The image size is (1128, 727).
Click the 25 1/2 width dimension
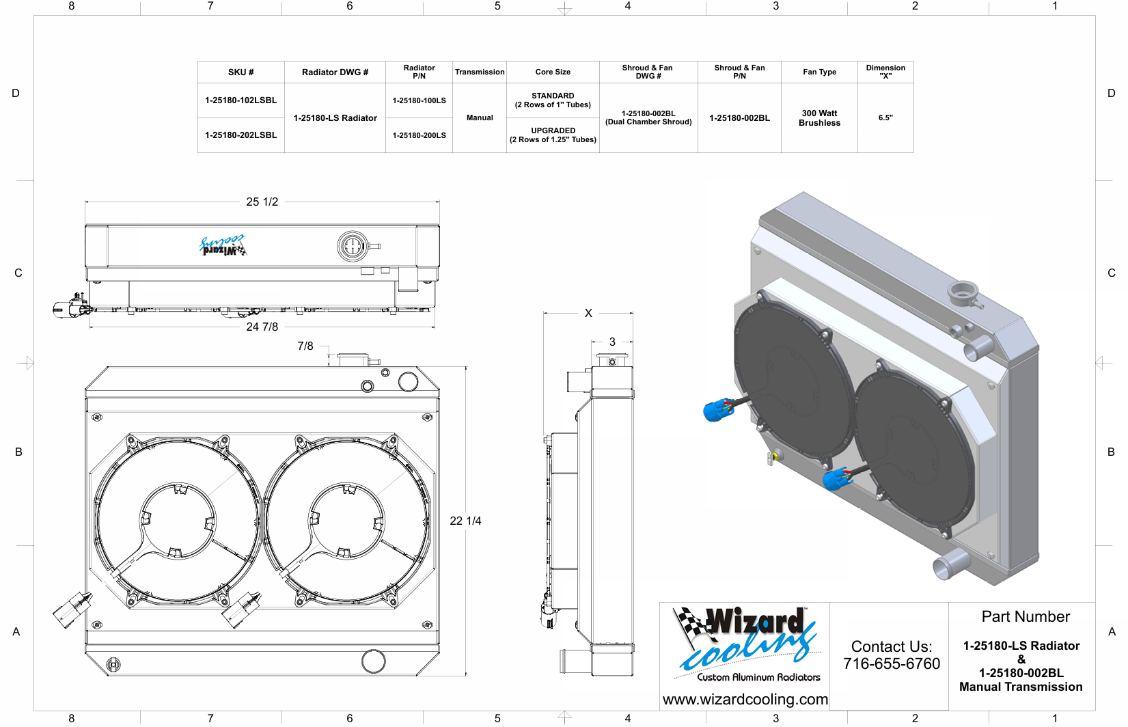(262, 202)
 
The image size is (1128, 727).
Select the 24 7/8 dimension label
(262, 327)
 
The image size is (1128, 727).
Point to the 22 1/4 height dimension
(465, 521)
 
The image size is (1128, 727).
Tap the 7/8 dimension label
(305, 346)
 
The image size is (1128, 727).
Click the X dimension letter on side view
(588, 313)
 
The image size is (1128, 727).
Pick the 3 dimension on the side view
(612, 342)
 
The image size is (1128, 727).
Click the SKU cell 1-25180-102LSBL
(240, 100)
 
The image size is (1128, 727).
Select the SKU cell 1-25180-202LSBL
(240, 135)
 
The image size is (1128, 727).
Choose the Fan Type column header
(819, 72)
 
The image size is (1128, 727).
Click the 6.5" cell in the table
(885, 118)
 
